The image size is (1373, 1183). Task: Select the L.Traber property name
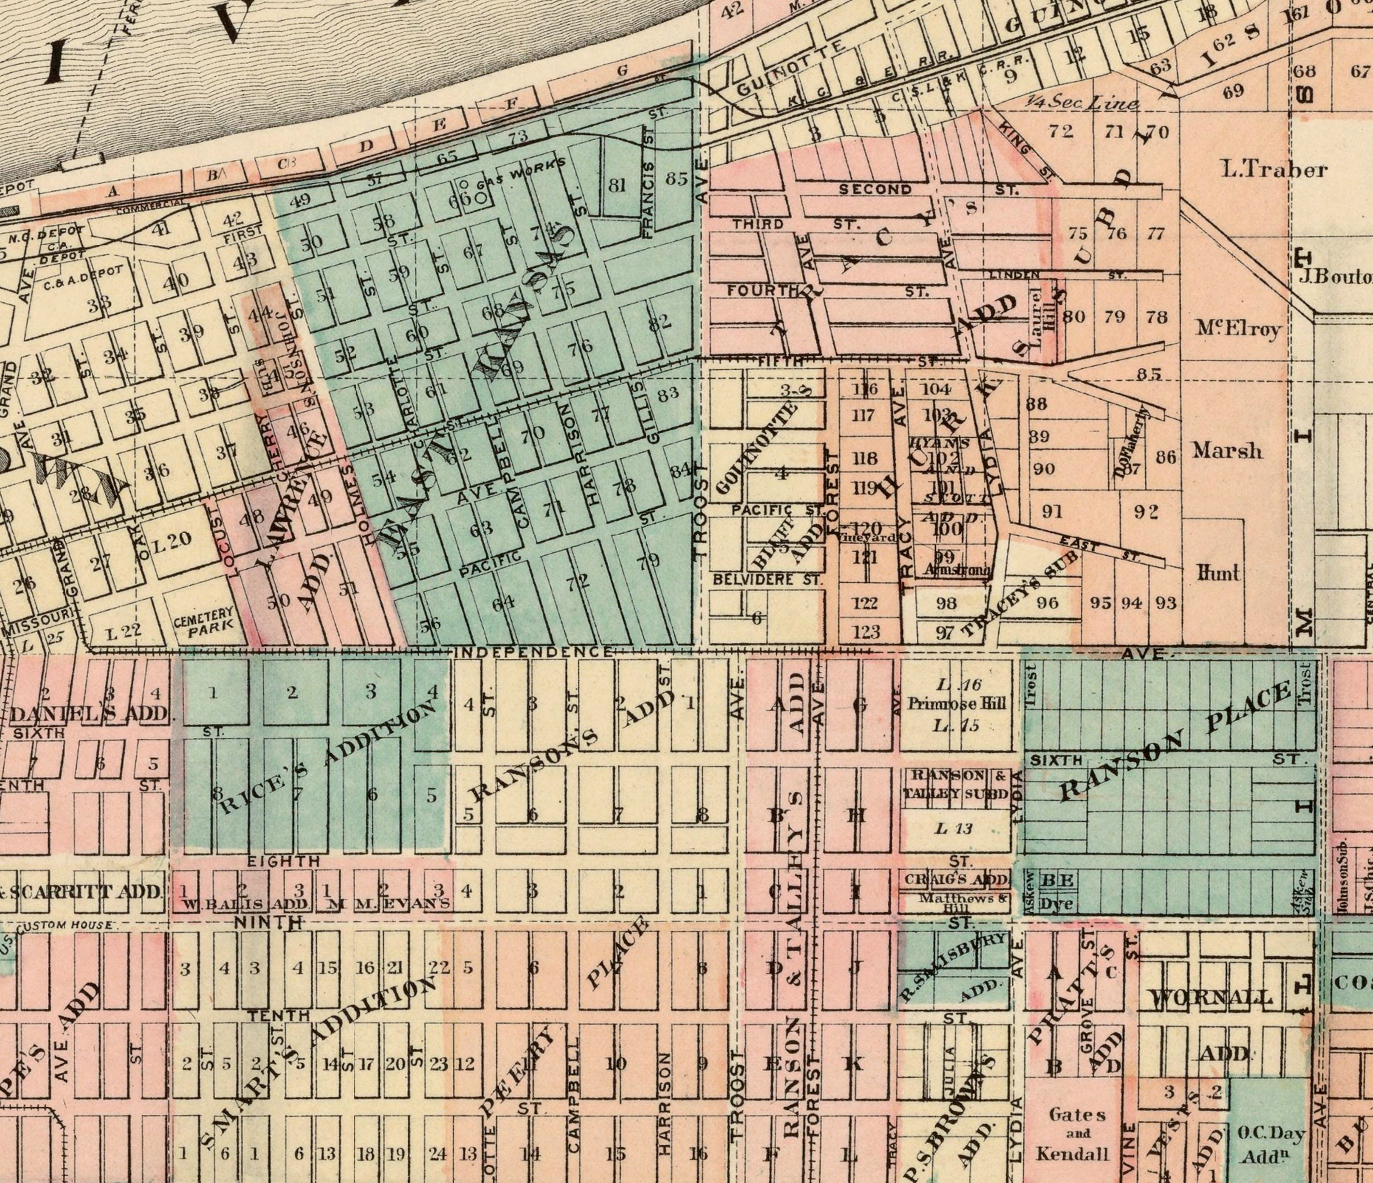(1273, 170)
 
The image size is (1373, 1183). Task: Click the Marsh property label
(1227, 451)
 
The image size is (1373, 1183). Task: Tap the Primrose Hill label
(959, 704)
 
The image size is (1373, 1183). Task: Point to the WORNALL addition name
(1211, 997)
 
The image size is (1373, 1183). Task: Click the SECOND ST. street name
(875, 189)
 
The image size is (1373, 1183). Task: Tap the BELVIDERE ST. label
(766, 579)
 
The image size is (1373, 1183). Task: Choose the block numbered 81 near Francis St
(618, 186)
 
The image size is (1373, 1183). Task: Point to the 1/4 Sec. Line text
(1082, 103)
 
